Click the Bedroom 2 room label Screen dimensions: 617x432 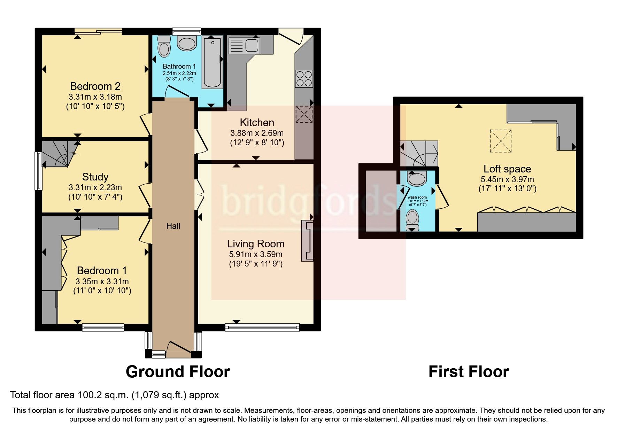(95, 86)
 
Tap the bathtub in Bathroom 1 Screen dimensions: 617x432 (212, 63)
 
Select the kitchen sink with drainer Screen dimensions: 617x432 (244, 46)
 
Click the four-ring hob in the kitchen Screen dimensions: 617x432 (304, 78)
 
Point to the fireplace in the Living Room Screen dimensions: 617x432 (307, 240)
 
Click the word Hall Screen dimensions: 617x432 (173, 226)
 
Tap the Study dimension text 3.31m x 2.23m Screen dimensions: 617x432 (95, 187)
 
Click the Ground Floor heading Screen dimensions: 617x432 (178, 372)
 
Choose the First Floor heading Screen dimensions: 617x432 (469, 372)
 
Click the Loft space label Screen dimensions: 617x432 (507, 169)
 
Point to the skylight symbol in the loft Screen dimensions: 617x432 (501, 141)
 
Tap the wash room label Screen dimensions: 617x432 (417, 197)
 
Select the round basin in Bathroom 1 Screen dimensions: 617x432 (187, 44)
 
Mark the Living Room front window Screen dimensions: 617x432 (262, 327)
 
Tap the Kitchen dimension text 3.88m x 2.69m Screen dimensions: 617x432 (257, 133)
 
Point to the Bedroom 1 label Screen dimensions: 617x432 (102, 270)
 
